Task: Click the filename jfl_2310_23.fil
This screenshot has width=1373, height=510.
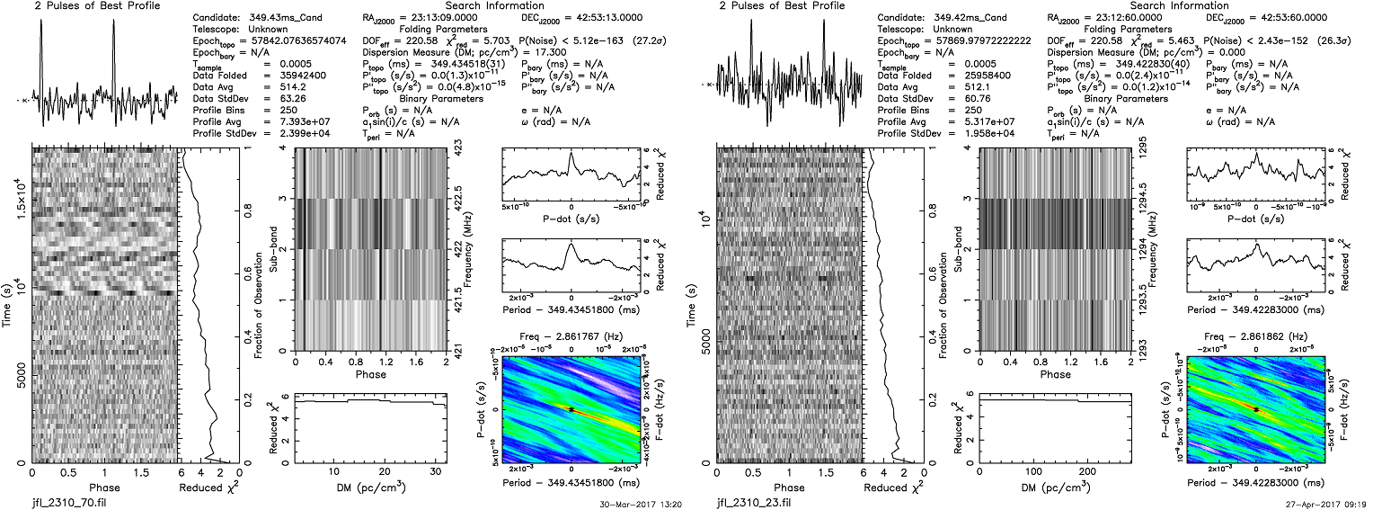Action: (749, 501)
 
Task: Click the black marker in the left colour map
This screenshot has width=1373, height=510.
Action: (571, 408)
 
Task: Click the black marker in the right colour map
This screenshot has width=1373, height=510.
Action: (1256, 408)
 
